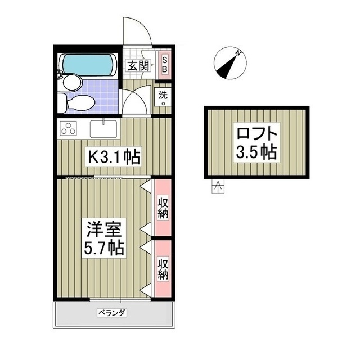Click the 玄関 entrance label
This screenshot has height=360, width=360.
pos(136,65)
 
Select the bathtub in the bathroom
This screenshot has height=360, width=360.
pos(88,65)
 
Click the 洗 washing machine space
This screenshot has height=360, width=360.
pos(163,95)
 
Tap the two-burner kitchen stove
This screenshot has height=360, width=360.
pos(69,128)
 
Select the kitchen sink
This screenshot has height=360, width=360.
pos(103,128)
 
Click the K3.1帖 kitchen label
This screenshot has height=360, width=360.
pos(112,156)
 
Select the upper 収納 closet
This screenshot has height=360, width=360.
pos(163,208)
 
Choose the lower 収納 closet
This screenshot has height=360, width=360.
pos(163,268)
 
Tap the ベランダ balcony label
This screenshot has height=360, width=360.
pos(111,312)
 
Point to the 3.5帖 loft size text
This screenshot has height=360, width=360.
pos(257,152)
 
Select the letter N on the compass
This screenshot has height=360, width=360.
pos(238,53)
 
